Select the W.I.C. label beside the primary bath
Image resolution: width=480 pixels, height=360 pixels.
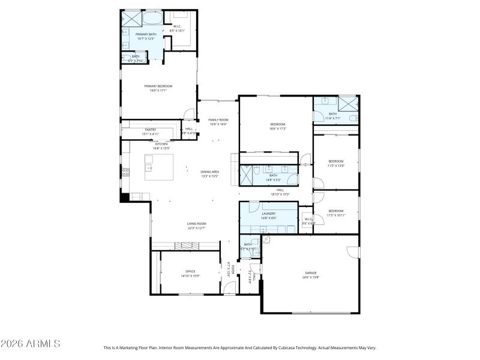pos(178,26)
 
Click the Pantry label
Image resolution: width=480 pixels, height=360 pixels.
pos(150,130)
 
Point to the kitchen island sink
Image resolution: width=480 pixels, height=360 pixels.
pos(149,160)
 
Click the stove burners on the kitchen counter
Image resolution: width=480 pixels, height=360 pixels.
pos(125,172)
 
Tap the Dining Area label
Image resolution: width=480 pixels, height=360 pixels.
pos(209,172)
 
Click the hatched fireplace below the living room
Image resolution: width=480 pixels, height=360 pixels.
pos(182,245)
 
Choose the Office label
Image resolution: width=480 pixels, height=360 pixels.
pos(190,271)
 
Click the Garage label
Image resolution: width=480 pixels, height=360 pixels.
pos(310,273)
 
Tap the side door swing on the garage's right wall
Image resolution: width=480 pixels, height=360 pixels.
pos(353,252)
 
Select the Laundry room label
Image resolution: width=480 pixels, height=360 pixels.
pos(268,214)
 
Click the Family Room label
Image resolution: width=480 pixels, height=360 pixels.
pos(218,120)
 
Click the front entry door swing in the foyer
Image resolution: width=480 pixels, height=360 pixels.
pos(230,289)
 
